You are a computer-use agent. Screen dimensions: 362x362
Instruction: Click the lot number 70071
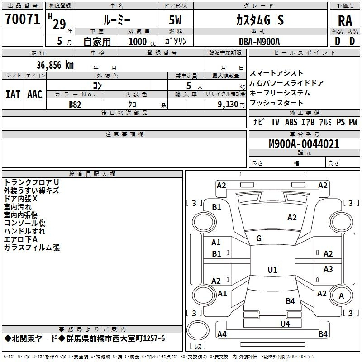[x=23, y=19]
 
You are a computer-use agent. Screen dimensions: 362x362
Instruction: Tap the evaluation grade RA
[x=345, y=21]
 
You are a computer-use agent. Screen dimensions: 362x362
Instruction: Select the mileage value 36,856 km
[x=55, y=65]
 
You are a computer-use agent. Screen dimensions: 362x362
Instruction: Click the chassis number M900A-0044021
[x=304, y=144]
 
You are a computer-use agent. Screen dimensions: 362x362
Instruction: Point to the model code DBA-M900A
[x=259, y=42]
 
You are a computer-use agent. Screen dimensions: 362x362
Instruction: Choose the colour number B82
[x=75, y=105]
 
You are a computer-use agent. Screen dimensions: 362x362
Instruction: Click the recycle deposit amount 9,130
[x=228, y=105]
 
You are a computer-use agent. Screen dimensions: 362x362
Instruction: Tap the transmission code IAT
[x=13, y=95]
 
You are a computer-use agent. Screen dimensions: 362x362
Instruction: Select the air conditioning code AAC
[x=35, y=95]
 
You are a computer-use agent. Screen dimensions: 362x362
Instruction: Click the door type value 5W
[x=175, y=20]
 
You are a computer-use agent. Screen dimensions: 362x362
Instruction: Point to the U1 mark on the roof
[x=272, y=270]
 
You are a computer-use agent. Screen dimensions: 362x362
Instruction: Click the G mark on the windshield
[x=259, y=238]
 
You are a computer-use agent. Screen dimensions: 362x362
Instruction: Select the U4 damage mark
[x=285, y=324]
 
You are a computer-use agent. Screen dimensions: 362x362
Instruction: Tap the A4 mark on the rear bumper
[x=222, y=334]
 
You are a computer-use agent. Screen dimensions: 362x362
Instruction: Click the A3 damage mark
[x=328, y=269]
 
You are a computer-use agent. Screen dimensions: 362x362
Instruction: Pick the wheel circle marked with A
[x=341, y=295]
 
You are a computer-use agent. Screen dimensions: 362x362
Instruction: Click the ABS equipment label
[x=291, y=122]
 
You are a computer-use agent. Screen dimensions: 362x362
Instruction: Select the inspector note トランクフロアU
[x=32, y=182]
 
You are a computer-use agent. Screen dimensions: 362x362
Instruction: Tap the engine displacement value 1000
[x=138, y=42]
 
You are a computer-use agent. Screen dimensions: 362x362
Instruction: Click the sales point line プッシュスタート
[x=276, y=103]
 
